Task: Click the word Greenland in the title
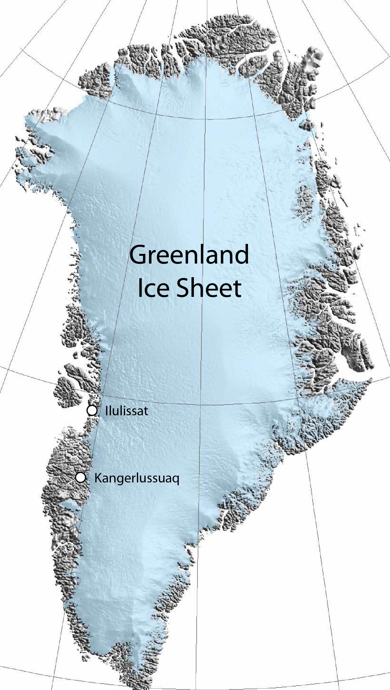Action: coord(189,256)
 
